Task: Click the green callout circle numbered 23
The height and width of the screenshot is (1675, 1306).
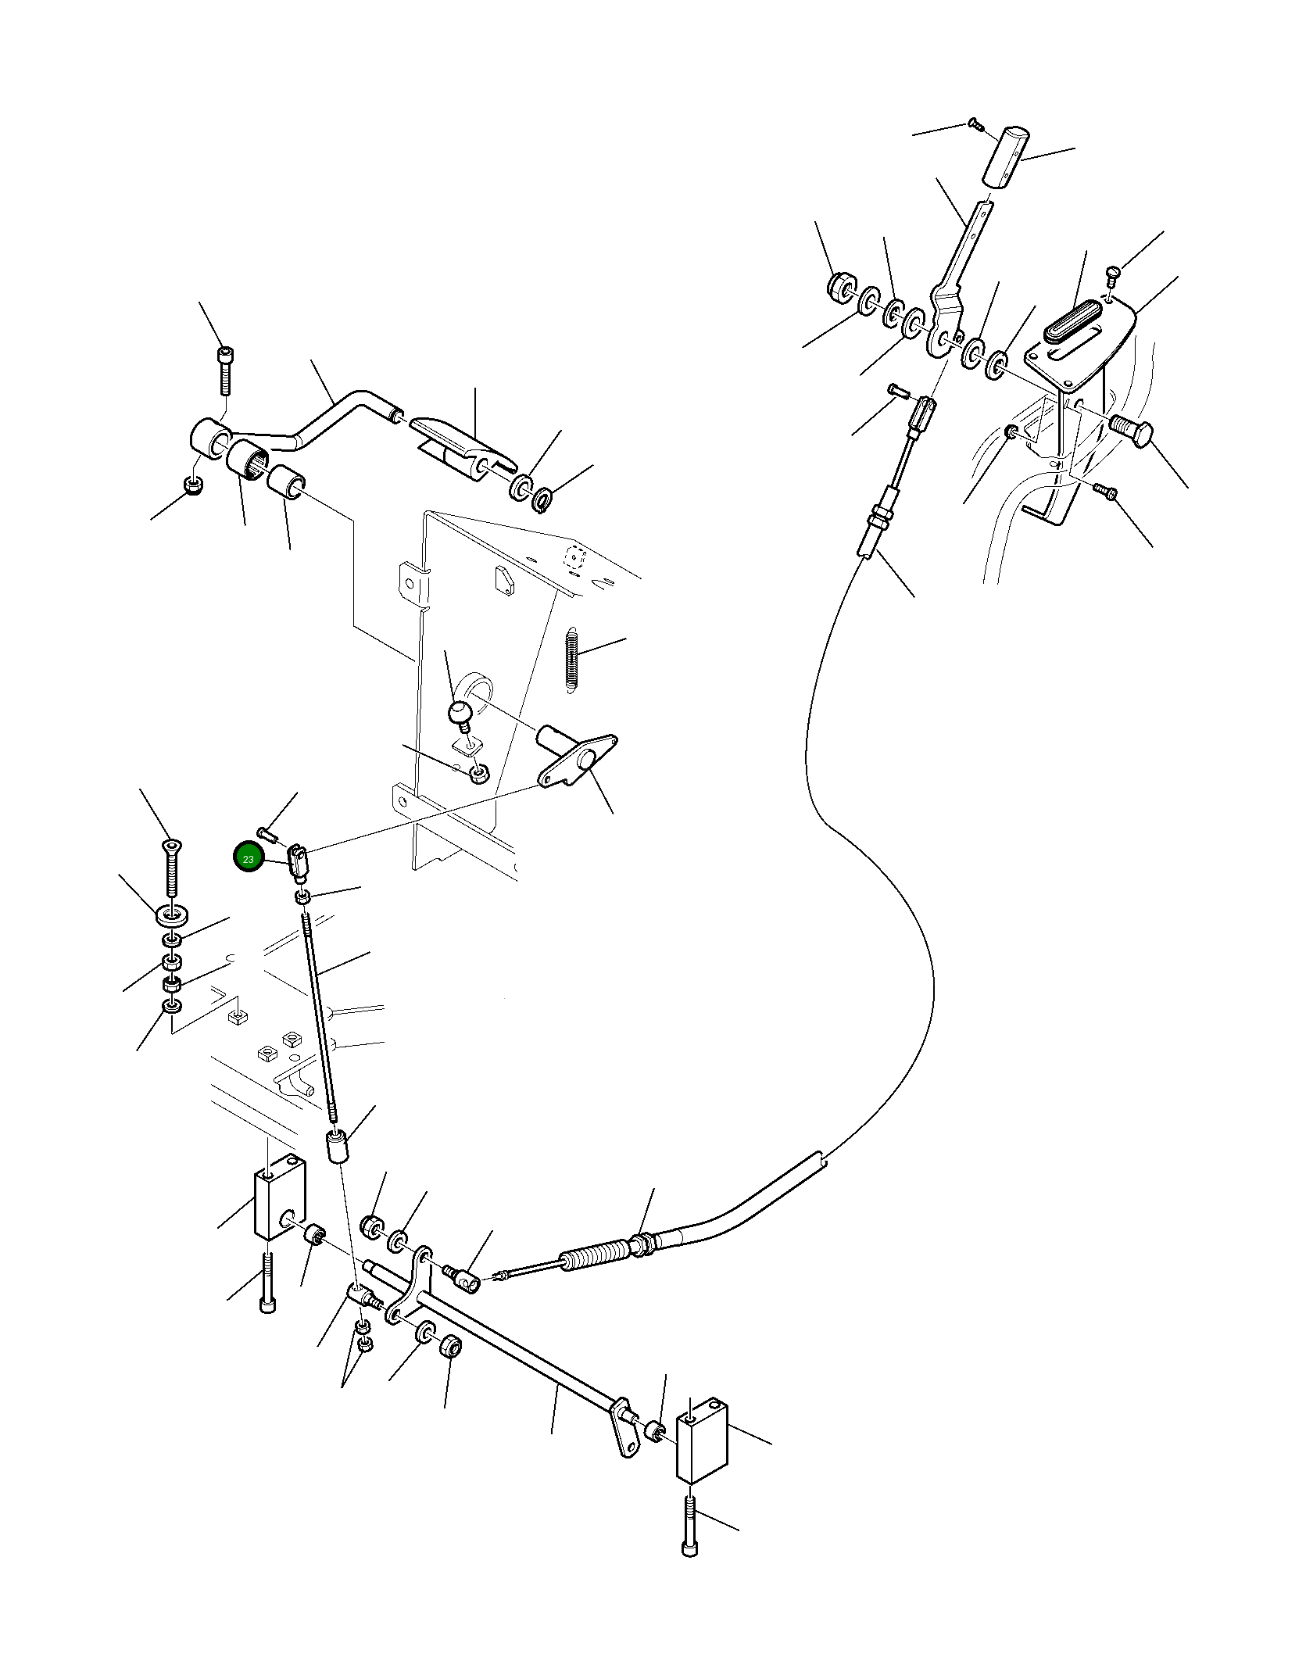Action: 249,859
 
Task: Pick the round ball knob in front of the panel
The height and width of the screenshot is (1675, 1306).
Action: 459,712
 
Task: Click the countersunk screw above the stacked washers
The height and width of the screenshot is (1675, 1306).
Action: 171,868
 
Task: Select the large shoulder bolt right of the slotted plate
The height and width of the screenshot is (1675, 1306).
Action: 1131,431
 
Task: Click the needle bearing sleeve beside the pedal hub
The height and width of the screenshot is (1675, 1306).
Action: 248,463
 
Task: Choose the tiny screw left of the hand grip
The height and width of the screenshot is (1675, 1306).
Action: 974,123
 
